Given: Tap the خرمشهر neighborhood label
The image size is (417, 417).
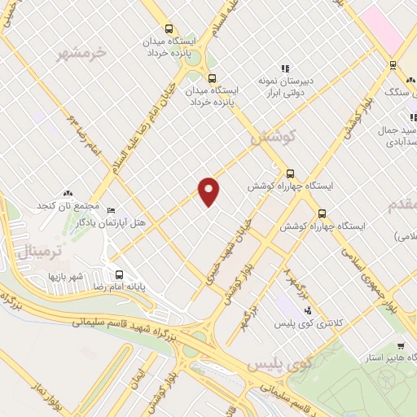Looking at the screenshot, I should click(x=81, y=54).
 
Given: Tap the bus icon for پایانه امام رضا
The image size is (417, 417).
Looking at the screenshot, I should click(x=121, y=274).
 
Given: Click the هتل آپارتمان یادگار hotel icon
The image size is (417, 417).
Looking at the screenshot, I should click(x=112, y=209).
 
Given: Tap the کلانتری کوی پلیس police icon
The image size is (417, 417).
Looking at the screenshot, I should click(x=307, y=310).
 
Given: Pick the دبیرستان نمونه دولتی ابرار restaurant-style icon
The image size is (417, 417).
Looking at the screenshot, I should click(x=284, y=69).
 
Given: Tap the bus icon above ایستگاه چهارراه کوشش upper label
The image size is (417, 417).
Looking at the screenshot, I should click(x=292, y=173).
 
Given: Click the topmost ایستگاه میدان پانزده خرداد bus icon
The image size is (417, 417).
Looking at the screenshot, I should click(x=169, y=29).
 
